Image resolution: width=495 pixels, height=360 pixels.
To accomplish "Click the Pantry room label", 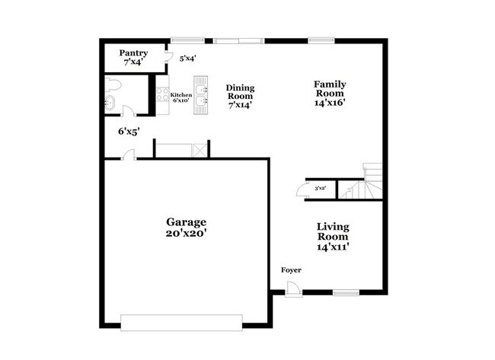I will [133, 58].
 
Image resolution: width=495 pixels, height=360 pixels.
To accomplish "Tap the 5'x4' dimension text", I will [187, 57].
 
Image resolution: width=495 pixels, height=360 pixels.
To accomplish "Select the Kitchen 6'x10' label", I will [180, 97].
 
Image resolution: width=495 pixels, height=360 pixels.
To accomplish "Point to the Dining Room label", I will [240, 97].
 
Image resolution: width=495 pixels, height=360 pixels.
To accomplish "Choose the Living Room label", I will [333, 236].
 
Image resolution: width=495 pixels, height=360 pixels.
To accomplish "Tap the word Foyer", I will [291, 270].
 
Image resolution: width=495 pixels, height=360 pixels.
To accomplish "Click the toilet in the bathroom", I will [112, 83].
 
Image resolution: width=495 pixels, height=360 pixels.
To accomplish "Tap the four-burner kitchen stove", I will [162, 95].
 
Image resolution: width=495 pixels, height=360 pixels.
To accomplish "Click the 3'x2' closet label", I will [321, 188].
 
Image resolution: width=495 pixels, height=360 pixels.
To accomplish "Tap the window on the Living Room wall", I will [345, 292].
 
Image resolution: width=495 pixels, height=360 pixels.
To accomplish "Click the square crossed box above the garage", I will [200, 150].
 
